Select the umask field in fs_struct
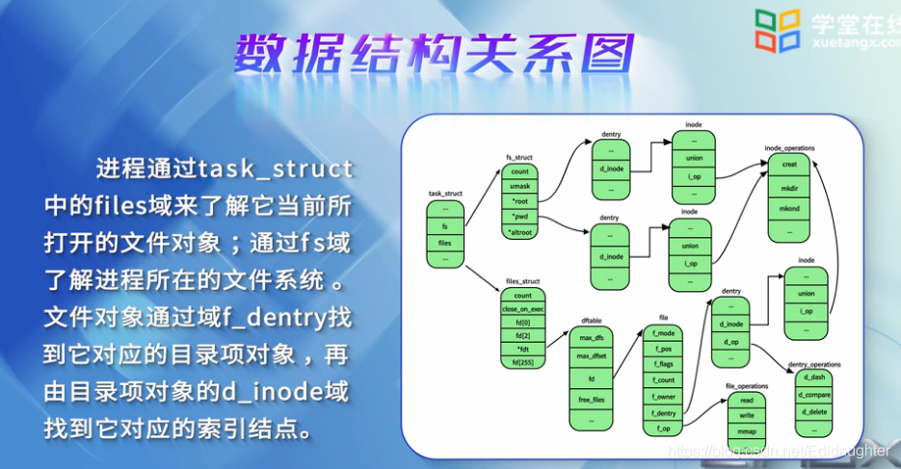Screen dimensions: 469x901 coord(520,186)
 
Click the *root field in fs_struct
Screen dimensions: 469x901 coord(520,200)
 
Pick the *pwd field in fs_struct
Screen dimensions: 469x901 coord(520,217)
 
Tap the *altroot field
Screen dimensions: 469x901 coord(520,232)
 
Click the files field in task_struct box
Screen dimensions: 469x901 coord(445,243)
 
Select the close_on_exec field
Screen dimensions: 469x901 coord(523,309)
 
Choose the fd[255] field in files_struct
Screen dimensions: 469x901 coord(523,361)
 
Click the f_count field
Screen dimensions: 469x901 coord(664,379)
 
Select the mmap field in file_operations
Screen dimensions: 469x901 coord(746,430)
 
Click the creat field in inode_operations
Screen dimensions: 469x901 coord(789,164)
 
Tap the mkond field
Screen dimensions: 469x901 coord(789,209)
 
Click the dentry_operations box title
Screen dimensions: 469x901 coord(814,364)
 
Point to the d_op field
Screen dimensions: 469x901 coord(731,341)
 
